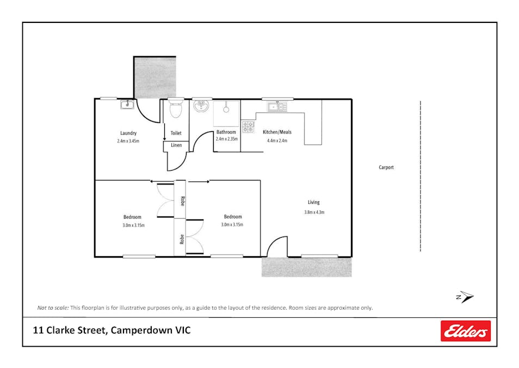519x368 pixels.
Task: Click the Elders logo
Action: pyautogui.click(x=465, y=331)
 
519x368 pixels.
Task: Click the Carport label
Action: pyautogui.click(x=386, y=167)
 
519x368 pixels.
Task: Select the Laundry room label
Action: pyautogui.click(x=128, y=133)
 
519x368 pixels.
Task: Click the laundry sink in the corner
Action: pyautogui.click(x=127, y=104)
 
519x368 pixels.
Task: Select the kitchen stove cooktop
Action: pyautogui.click(x=248, y=126)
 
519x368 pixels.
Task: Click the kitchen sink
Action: pyautogui.click(x=277, y=106)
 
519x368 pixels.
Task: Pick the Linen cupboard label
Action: pyautogui.click(x=176, y=145)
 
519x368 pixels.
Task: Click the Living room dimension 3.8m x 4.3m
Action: pyautogui.click(x=314, y=212)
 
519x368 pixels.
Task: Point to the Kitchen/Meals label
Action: pyautogui.click(x=277, y=132)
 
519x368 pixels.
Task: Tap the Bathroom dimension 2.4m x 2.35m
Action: pyautogui.click(x=226, y=140)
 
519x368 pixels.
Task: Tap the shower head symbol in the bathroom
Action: pyautogui.click(x=226, y=108)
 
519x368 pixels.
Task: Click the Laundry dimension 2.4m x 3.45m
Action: pyautogui.click(x=128, y=141)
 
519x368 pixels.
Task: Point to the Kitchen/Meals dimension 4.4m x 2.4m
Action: pyautogui.click(x=277, y=141)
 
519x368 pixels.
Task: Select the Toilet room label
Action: pyautogui.click(x=176, y=133)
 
